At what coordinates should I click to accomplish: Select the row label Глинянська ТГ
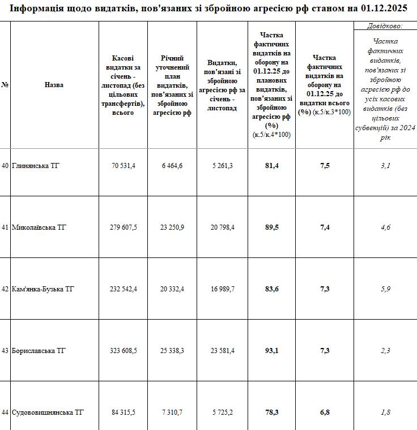click(x=35, y=165)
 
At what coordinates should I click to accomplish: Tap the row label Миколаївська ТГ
click(x=39, y=227)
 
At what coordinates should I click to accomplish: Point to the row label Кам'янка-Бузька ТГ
click(x=43, y=289)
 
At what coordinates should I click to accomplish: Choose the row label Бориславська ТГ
click(x=39, y=351)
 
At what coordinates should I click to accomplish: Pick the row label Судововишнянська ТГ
click(x=48, y=412)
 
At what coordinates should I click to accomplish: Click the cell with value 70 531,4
click(x=123, y=165)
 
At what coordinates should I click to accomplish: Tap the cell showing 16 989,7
click(x=222, y=289)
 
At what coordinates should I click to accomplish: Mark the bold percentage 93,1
click(x=271, y=351)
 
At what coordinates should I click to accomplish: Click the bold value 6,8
click(x=325, y=412)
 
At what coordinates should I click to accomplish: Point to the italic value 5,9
click(x=385, y=289)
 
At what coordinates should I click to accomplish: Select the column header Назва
click(x=54, y=85)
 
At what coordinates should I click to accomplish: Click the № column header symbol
click(x=5, y=85)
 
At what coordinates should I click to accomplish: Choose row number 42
click(x=5, y=289)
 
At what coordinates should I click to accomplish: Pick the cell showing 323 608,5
click(x=123, y=351)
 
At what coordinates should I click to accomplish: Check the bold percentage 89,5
click(x=271, y=227)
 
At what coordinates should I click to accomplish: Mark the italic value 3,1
click(x=385, y=165)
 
